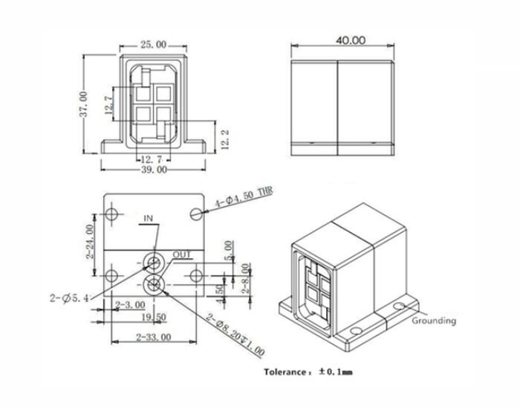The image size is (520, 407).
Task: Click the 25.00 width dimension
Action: (x=153, y=45)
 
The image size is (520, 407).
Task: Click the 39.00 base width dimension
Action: (x=153, y=170)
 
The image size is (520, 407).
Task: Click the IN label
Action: (x=149, y=219)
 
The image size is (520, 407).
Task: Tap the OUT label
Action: (x=182, y=254)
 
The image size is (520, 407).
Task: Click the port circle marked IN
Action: (x=155, y=262)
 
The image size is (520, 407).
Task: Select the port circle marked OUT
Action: (x=155, y=283)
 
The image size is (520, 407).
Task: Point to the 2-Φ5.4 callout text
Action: (x=72, y=298)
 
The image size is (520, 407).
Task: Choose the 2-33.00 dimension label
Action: (x=154, y=337)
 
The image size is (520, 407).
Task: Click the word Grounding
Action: (x=434, y=321)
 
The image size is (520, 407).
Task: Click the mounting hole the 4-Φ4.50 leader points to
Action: (x=195, y=214)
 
